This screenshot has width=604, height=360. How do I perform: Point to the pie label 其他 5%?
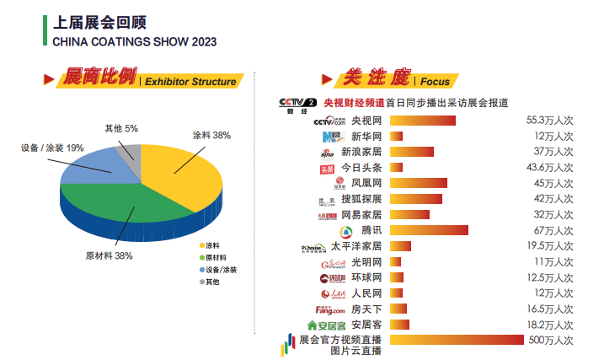tap(120, 129)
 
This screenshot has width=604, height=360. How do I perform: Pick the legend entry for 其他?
tap(212, 282)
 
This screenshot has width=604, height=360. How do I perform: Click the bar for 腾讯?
tap(430, 230)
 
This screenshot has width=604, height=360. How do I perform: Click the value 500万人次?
tap(549, 341)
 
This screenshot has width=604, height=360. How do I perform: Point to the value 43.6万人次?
tap(549, 168)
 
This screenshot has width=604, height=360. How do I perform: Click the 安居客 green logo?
tap(326, 325)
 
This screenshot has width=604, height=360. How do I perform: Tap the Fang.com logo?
tap(329, 309)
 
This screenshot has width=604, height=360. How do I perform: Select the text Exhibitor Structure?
tap(190, 82)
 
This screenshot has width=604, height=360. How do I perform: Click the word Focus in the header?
tap(435, 82)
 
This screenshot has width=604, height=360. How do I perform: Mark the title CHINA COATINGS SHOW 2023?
tap(134, 40)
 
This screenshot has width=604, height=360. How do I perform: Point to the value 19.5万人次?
tap(549, 246)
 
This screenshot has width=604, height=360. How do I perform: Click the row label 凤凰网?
tap(366, 183)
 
